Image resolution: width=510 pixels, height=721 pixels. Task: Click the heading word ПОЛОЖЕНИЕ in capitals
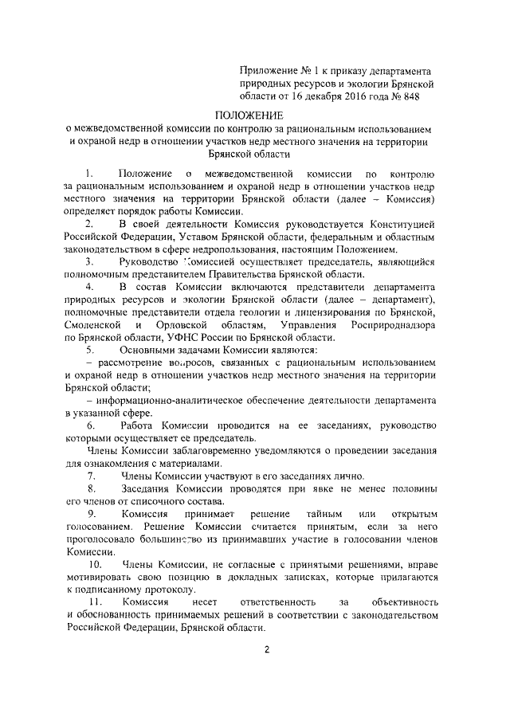(254, 115)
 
